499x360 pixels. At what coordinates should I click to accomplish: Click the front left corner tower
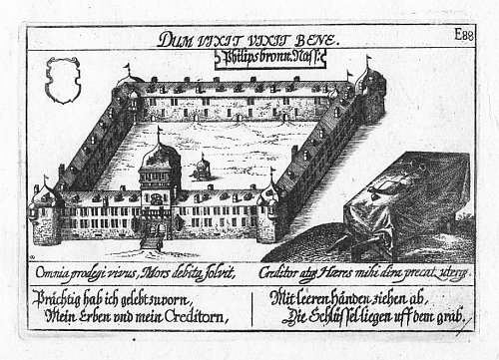47,214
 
